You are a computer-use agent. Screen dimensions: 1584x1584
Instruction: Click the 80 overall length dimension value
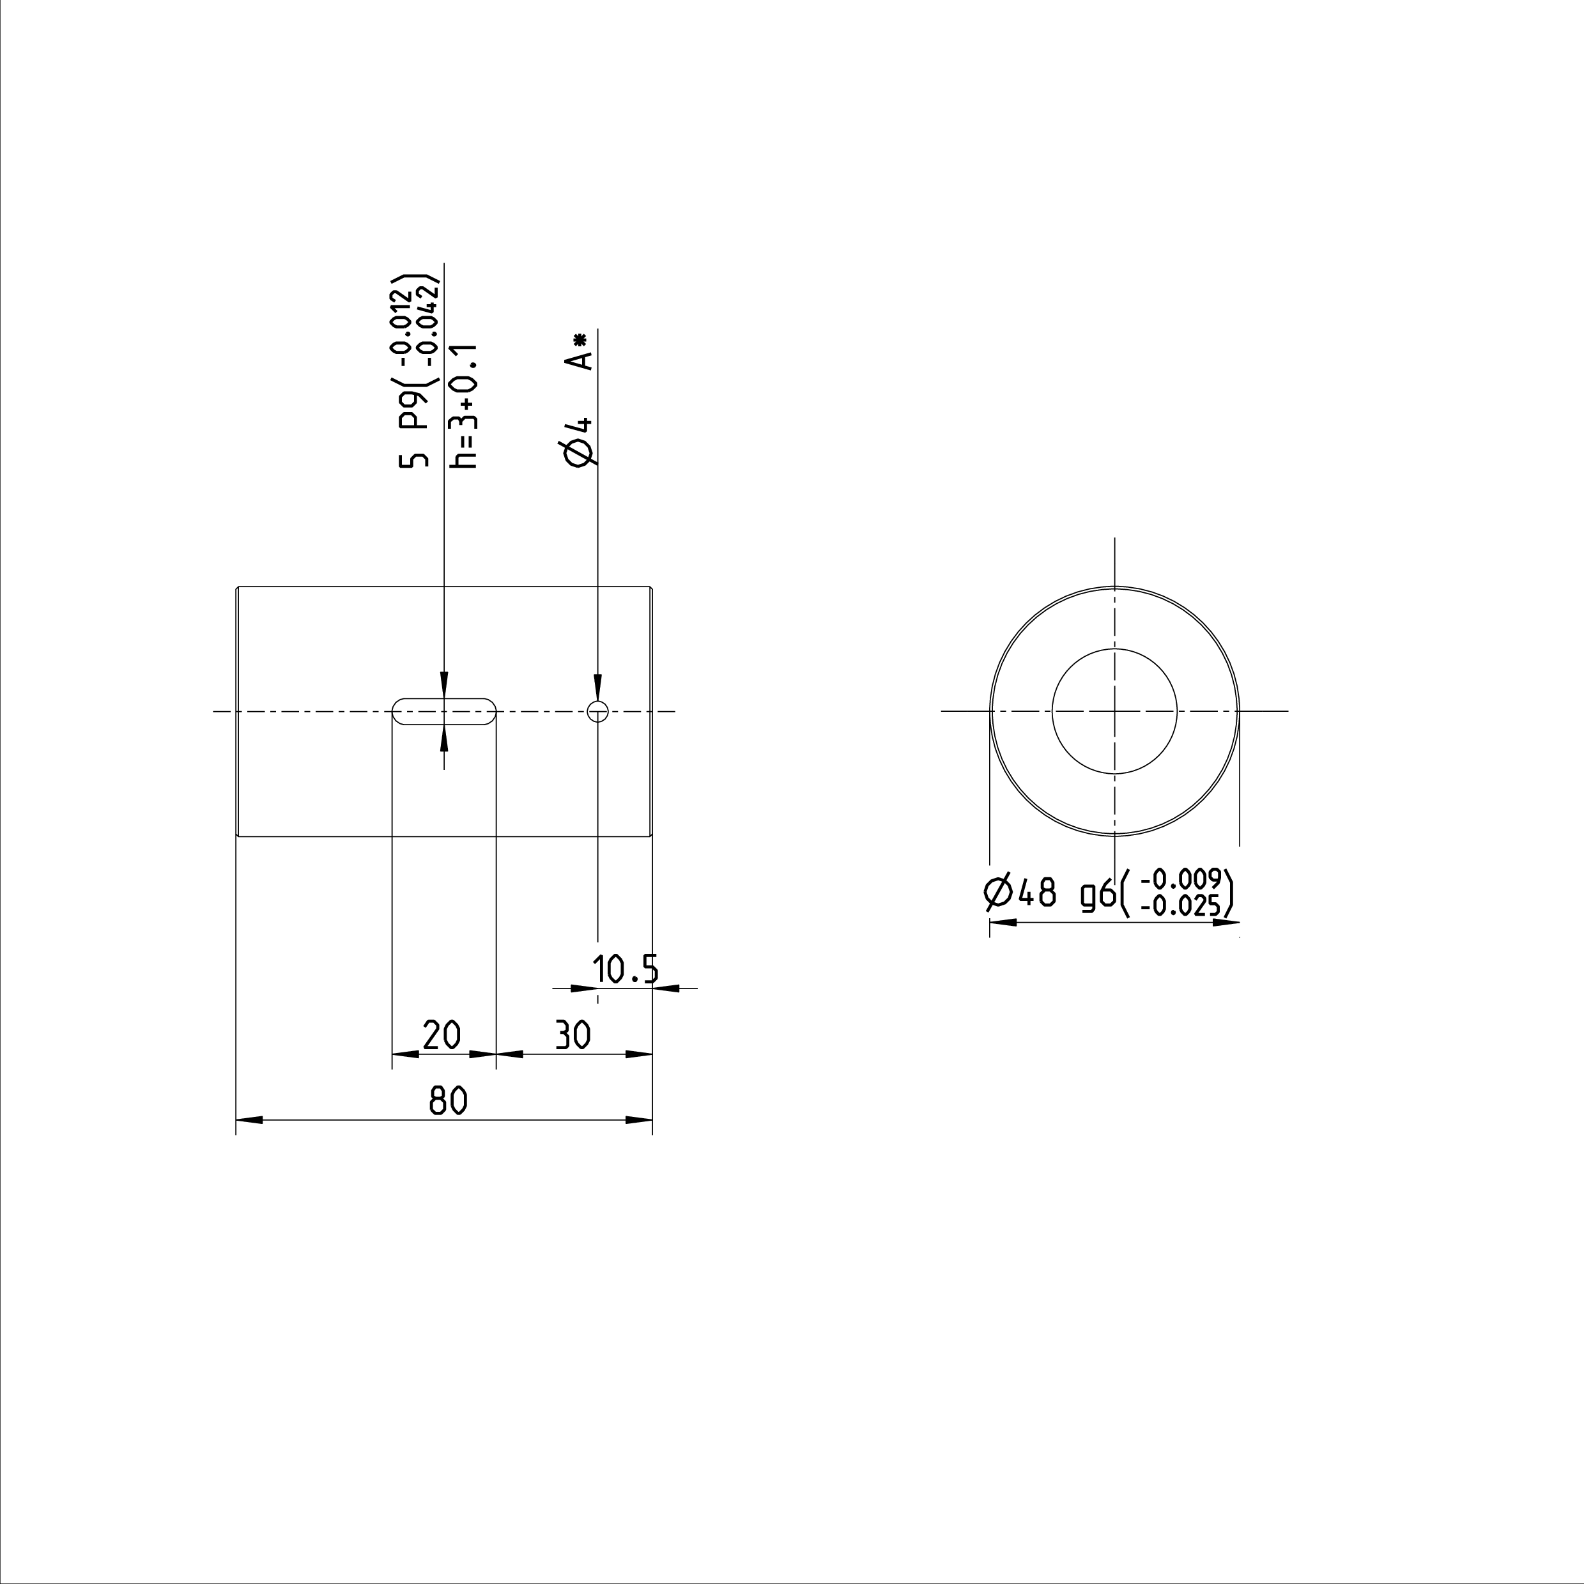pos(449,1100)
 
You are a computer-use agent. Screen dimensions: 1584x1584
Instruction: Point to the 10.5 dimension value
pos(626,970)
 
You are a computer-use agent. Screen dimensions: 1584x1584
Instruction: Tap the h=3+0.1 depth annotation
pos(465,406)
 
